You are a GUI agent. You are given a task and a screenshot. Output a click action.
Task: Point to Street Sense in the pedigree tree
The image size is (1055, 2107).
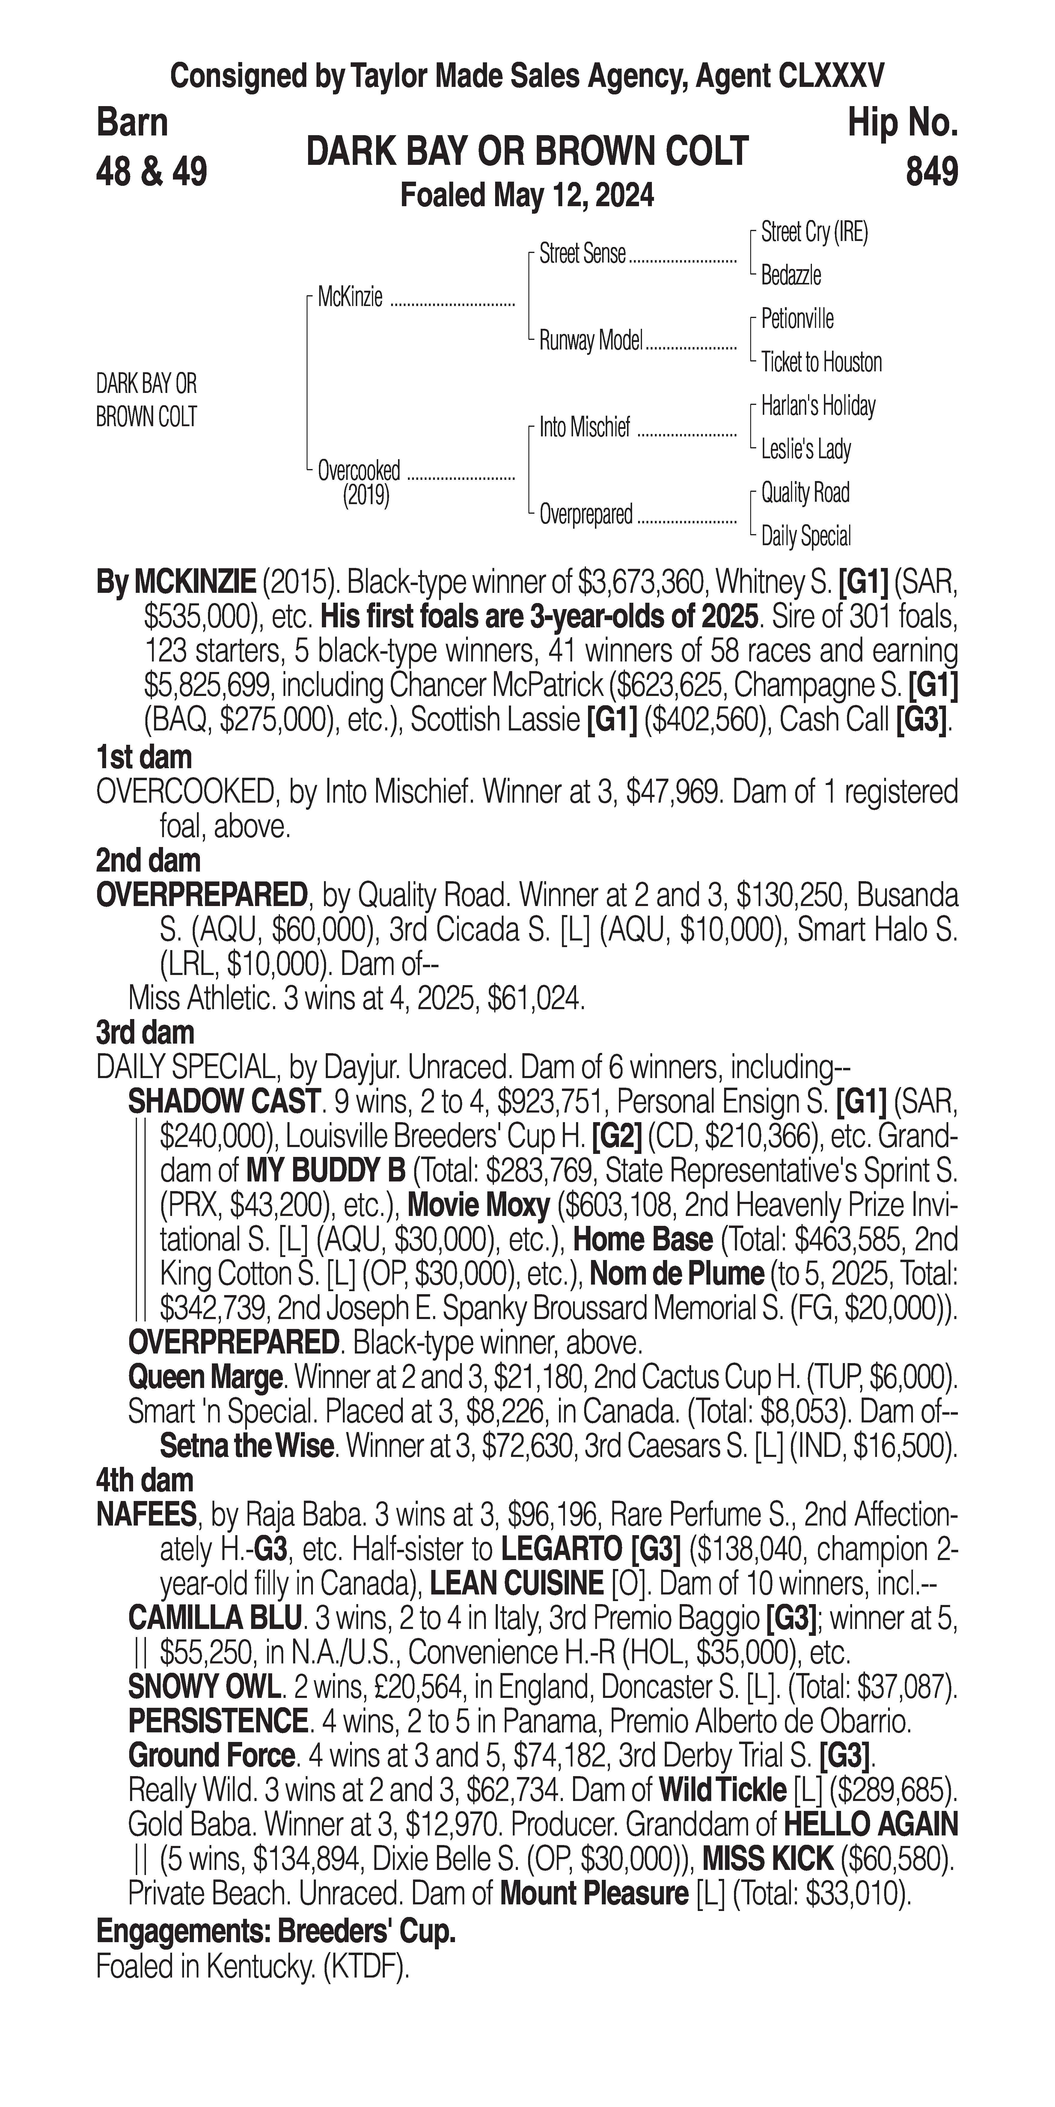pos(582,254)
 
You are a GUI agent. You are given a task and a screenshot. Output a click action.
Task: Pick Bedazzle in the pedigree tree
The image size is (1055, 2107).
pos(791,276)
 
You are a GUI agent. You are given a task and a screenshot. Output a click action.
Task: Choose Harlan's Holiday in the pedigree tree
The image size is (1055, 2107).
pos(818,406)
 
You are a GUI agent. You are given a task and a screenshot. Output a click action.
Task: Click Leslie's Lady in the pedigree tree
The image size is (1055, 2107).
pos(806,449)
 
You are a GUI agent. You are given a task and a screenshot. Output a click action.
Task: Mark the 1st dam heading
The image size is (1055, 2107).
pos(144,757)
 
